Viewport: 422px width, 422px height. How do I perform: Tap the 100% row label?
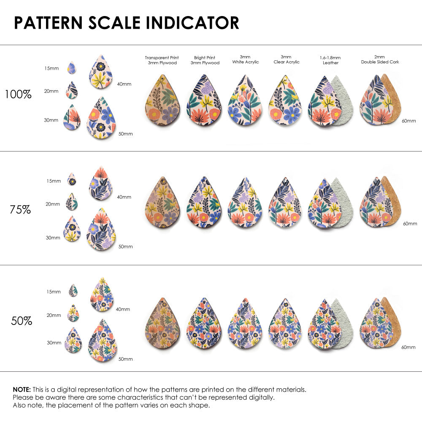[18, 94]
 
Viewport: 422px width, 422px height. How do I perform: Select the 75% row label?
[20, 209]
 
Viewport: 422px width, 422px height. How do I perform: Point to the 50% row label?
[22, 321]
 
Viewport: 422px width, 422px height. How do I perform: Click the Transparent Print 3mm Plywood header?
[162, 60]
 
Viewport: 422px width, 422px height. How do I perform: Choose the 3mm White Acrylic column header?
[245, 60]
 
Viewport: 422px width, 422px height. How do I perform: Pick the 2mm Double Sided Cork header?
[380, 60]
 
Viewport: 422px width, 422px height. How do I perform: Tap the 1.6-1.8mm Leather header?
[330, 60]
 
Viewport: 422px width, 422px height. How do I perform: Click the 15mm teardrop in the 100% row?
[72, 68]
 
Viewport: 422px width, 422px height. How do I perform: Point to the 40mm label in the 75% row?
[124, 197]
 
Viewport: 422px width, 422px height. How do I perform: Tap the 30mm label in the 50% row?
[54, 343]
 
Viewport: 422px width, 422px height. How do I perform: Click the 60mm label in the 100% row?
[408, 121]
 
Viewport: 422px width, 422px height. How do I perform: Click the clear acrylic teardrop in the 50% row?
[285, 324]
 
